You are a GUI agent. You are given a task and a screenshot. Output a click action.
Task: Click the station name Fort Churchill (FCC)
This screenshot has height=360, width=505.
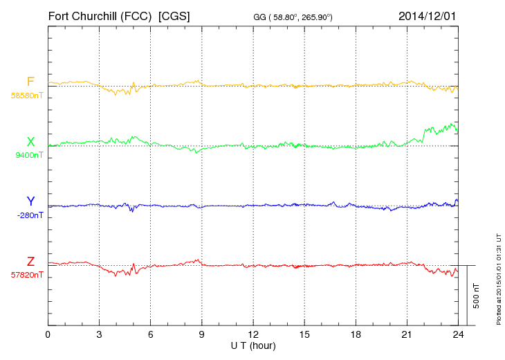click(100, 15)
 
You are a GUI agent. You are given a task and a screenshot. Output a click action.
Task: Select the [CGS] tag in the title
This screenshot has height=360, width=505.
click(175, 15)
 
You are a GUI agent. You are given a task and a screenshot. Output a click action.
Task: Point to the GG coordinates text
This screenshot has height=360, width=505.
click(293, 16)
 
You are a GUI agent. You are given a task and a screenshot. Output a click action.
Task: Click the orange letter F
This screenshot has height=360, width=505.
click(30, 82)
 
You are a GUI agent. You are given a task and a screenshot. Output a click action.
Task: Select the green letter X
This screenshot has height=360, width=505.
click(30, 142)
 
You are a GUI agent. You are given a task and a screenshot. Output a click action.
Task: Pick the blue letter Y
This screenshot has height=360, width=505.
click(30, 201)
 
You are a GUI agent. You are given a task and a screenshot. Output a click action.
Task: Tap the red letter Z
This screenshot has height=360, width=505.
click(30, 262)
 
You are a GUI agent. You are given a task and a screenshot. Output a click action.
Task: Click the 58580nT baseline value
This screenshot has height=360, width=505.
click(26, 96)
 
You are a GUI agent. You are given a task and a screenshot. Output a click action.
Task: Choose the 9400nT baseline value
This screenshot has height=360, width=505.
click(29, 155)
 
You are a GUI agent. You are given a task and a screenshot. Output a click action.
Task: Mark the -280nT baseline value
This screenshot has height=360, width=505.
click(30, 215)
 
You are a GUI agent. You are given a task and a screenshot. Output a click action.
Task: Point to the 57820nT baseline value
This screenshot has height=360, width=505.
click(26, 275)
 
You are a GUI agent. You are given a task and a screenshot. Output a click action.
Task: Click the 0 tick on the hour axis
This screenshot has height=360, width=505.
click(48, 335)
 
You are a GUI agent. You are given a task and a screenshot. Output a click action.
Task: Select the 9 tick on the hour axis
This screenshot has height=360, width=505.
click(201, 335)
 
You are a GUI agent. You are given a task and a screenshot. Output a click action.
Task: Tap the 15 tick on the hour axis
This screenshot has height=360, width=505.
click(304, 335)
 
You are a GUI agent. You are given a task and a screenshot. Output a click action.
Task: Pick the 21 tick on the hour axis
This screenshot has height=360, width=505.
click(406, 335)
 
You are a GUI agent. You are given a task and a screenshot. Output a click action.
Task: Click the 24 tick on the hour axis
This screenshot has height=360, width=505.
click(457, 335)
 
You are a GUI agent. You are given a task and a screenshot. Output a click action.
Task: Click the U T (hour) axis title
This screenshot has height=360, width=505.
click(252, 345)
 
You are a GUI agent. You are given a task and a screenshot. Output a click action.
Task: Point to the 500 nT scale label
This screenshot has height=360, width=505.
click(477, 295)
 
